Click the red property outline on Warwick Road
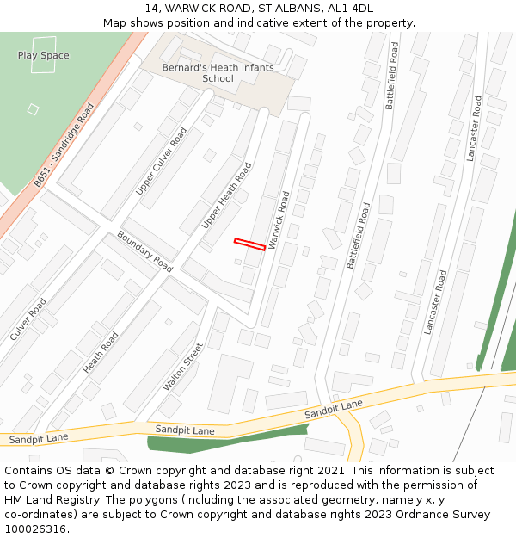249,244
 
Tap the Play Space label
43,55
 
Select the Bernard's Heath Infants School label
218,73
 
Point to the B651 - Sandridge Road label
64,146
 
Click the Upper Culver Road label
161,161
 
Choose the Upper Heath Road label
226,195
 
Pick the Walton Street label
183,367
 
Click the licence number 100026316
36,529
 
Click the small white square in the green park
33,109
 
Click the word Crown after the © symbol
135,471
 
